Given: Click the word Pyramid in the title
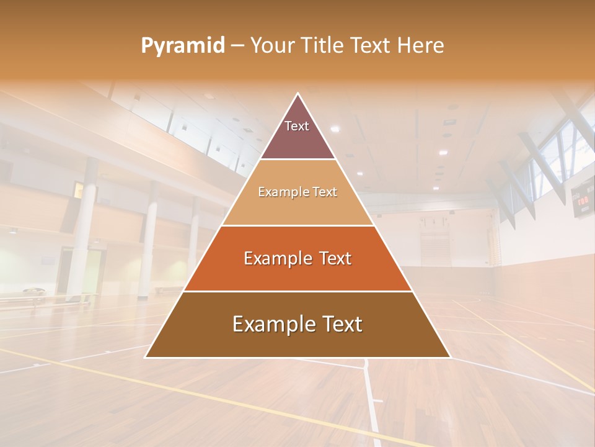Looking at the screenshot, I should pos(183,46).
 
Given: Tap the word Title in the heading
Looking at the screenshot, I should pos(320,46).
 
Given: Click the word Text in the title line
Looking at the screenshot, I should pos(371,46).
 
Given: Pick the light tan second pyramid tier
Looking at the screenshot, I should pos(297,199).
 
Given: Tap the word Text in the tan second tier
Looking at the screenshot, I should pos(325,192).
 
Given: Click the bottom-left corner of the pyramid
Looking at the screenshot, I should pos(145,358).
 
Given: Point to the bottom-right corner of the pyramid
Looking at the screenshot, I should pos(451,358).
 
